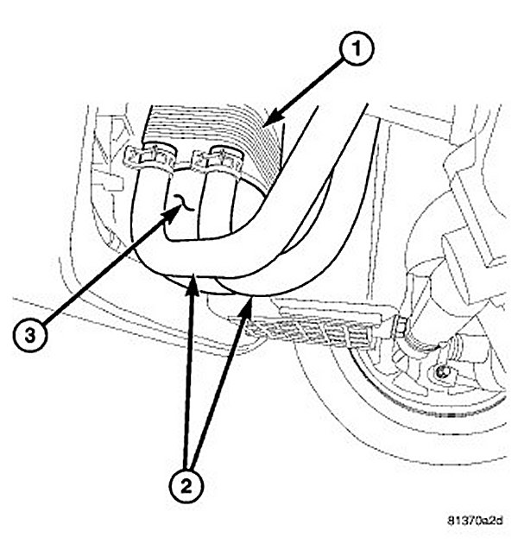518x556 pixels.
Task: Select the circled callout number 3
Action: click(x=29, y=338)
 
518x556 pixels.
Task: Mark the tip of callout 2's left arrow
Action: click(x=196, y=278)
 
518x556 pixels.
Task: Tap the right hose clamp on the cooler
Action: click(x=218, y=158)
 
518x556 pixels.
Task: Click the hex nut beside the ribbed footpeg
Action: click(x=401, y=329)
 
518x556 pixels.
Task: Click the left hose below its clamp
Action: click(x=151, y=207)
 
